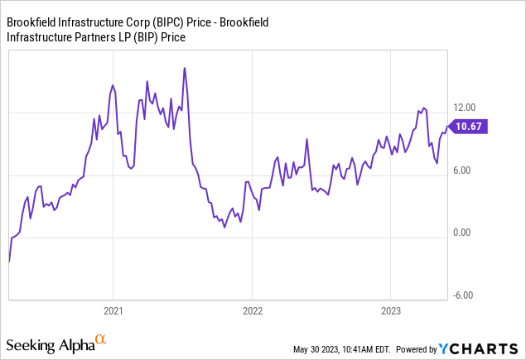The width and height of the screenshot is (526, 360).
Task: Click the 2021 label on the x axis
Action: pos(113,311)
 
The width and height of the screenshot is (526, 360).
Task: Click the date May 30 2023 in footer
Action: pos(321,349)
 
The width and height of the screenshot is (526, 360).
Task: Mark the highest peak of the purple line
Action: pos(184,68)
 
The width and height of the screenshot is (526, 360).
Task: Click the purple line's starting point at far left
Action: pos(8,262)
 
